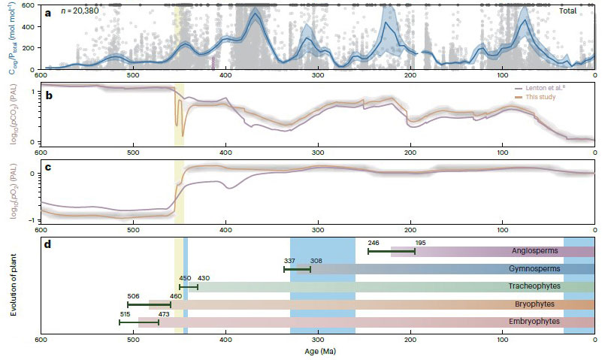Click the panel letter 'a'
click(49, 12)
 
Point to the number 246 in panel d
click(374, 243)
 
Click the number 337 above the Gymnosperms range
click(289, 261)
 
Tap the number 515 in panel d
click(126, 313)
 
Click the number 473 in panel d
click(163, 313)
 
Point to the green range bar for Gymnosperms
click(297, 269)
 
